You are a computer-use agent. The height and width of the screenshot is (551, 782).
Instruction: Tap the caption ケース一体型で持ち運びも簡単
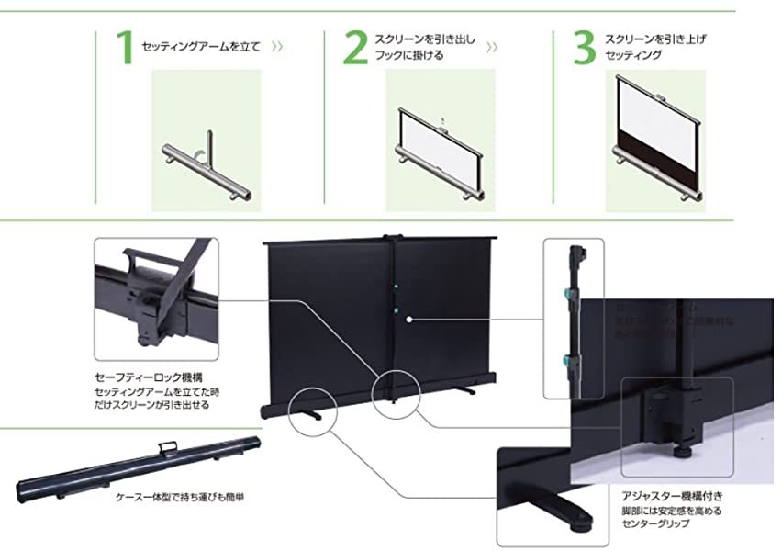(x=180, y=497)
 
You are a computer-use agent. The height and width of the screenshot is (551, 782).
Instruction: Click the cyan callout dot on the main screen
(x=408, y=320)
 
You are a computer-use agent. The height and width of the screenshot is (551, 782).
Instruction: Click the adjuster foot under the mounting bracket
(x=685, y=450)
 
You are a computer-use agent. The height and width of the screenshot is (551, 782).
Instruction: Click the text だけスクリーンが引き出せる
(x=152, y=405)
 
